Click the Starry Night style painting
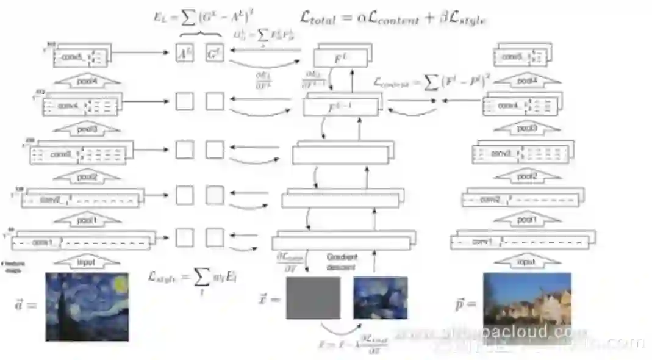(87, 306)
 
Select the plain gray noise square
(313, 298)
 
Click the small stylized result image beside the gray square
(380, 298)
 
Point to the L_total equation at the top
(393, 18)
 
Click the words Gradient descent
(342, 262)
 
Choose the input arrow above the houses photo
(526, 262)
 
